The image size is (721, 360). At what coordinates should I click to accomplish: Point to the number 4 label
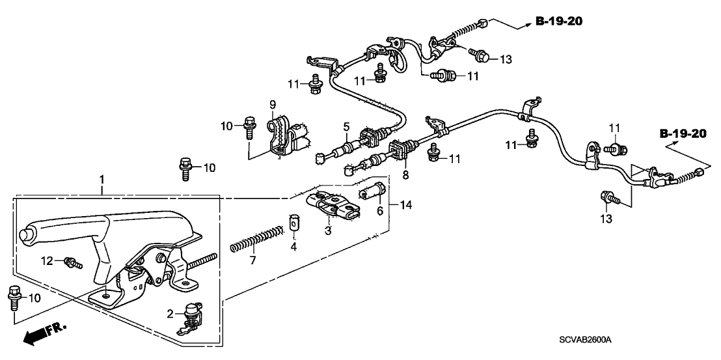(x=293, y=247)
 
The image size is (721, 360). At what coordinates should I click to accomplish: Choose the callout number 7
(x=253, y=260)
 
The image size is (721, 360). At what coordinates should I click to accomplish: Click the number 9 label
(x=273, y=104)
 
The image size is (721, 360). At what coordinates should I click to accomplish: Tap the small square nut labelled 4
(x=293, y=223)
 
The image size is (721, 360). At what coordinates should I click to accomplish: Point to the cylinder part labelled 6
(x=373, y=192)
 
